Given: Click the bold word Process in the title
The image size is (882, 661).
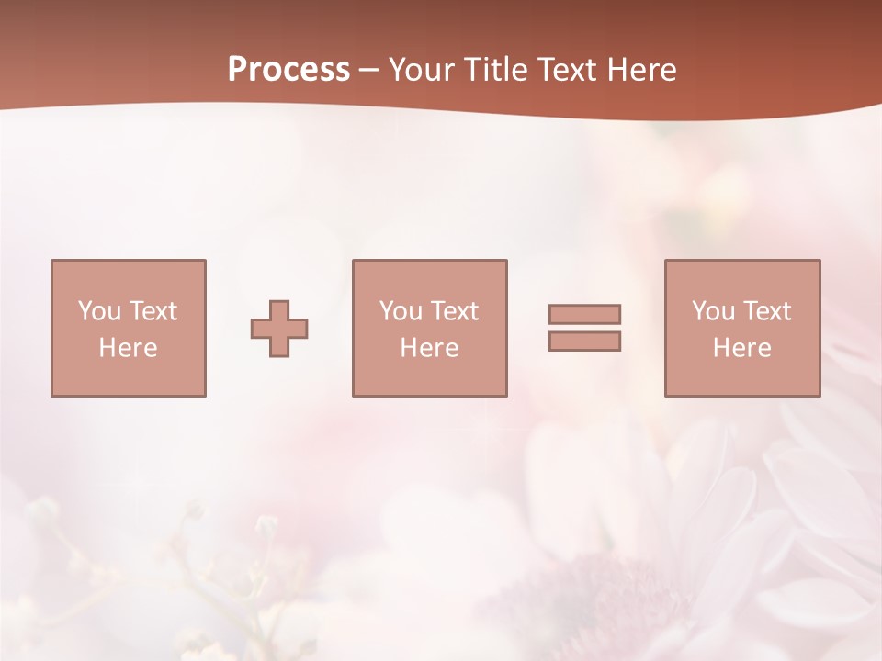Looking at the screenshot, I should [288, 70].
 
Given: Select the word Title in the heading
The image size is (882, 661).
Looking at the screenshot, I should [496, 70].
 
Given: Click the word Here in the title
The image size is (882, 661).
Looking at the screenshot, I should [641, 70].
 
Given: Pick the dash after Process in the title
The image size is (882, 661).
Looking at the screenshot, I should [369, 71].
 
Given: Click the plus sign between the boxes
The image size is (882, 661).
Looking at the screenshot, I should [279, 328].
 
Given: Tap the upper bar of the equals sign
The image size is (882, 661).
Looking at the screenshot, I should [584, 314].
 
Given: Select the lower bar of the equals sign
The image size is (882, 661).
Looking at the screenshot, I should [584, 341].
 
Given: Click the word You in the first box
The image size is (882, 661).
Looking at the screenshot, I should [99, 311].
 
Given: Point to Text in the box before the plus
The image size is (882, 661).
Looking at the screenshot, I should [153, 311].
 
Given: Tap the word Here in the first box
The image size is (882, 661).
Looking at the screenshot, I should [129, 348].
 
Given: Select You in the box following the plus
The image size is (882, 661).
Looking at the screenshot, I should [401, 311].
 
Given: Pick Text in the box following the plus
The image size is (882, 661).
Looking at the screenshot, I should [454, 311].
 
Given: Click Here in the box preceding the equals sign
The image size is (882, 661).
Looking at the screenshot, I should [430, 348].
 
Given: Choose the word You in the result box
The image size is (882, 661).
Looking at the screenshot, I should [713, 311].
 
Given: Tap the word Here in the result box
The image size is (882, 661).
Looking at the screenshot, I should [742, 348].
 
